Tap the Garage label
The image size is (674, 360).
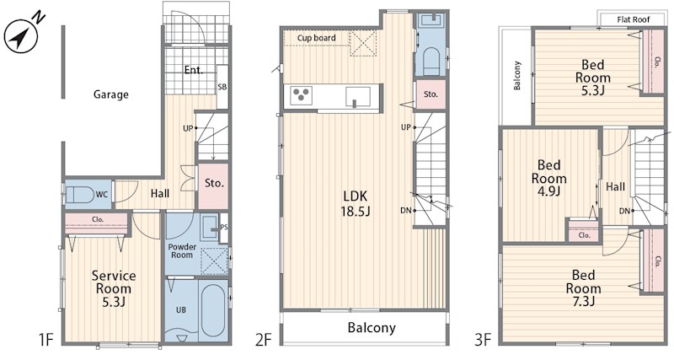pyautogui.click(x=111, y=94)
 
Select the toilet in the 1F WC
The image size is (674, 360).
pyautogui.click(x=80, y=196)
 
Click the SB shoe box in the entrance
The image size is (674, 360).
pyautogui.click(x=222, y=87)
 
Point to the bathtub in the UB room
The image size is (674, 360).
pyautogui.click(x=214, y=310)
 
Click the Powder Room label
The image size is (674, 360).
pyautogui.click(x=182, y=250)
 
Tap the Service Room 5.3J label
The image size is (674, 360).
pyautogui.click(x=114, y=288)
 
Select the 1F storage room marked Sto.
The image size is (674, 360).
pyautogui.click(x=213, y=185)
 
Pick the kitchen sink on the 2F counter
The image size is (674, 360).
pyautogui.click(x=357, y=96)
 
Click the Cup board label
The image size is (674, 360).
pyautogui.click(x=317, y=38)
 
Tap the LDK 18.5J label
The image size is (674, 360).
pyautogui.click(x=356, y=203)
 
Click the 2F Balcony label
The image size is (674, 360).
pyautogui.click(x=372, y=328)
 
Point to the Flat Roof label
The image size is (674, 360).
pyautogui.click(x=634, y=19)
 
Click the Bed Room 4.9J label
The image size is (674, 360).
pyautogui.click(x=549, y=178)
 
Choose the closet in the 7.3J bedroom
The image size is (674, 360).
pyautogui.click(x=653, y=261)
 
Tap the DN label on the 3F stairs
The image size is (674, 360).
pyautogui.click(x=624, y=211)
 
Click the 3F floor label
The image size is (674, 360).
pyautogui.click(x=483, y=341)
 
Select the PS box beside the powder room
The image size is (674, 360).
pyautogui.click(x=224, y=228)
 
